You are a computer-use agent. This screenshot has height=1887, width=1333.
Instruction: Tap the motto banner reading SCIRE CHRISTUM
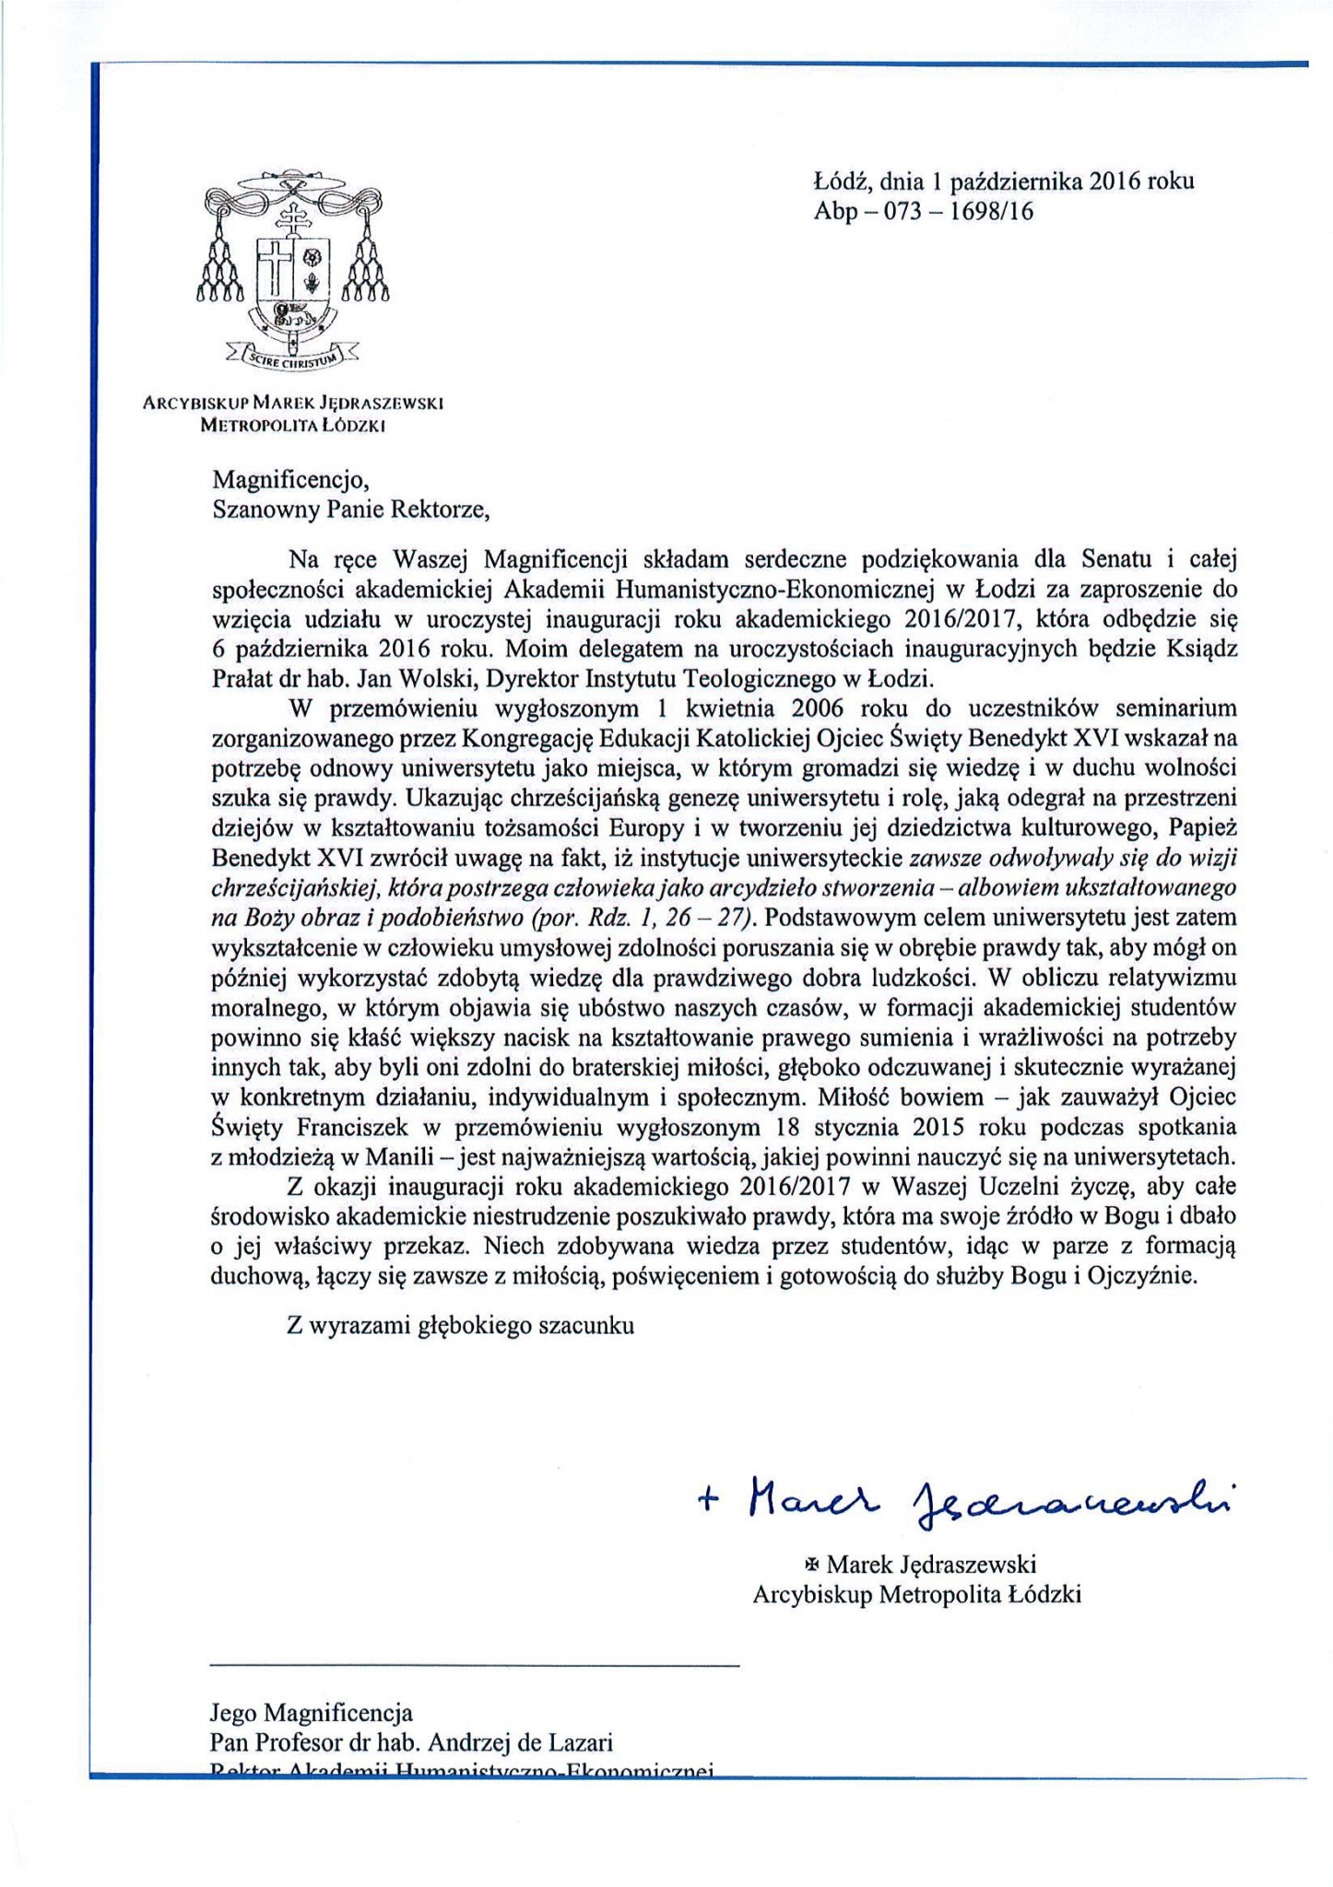(292, 359)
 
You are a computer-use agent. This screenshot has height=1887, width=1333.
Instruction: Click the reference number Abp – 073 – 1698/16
(923, 212)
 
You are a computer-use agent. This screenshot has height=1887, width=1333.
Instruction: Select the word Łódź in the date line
(842, 182)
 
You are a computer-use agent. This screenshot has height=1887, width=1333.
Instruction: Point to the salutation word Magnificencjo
(282, 480)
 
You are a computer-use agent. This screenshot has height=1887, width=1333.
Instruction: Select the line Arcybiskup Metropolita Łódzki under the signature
(916, 1594)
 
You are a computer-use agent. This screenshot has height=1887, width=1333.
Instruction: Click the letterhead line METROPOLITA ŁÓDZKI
(293, 426)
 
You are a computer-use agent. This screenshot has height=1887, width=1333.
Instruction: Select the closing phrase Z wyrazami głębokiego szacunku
(460, 1326)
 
